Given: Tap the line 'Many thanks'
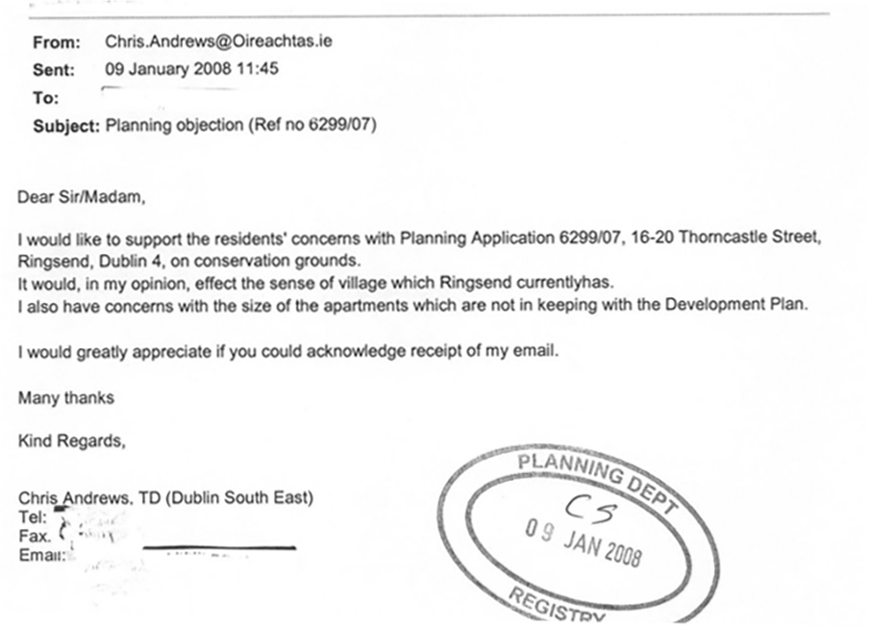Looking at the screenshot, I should [x=65, y=397].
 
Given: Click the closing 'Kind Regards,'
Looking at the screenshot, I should [x=71, y=442].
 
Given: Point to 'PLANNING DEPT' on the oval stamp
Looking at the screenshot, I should [x=597, y=479].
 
